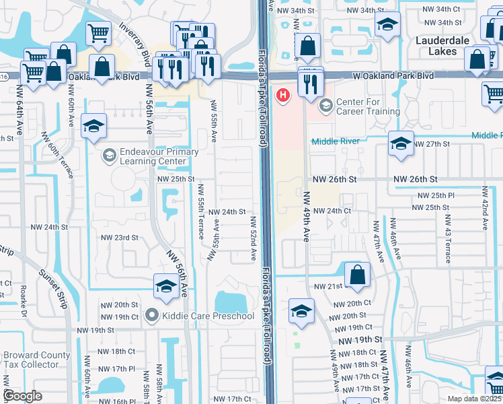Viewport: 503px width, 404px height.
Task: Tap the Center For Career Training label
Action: [368, 106]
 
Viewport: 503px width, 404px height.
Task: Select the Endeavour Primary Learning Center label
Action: [159, 156]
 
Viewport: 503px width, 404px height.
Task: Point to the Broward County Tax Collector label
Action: [36, 360]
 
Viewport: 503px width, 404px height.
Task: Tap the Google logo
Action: [23, 396]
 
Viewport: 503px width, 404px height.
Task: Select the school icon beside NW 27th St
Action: [401, 144]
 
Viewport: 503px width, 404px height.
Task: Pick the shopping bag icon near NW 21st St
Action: [357, 275]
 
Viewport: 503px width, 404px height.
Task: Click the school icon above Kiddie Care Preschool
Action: [166, 286]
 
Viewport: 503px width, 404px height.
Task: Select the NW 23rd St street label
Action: [120, 238]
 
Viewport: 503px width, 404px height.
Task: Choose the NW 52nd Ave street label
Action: [254, 238]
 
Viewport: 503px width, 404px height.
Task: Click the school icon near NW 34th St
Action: [387, 26]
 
